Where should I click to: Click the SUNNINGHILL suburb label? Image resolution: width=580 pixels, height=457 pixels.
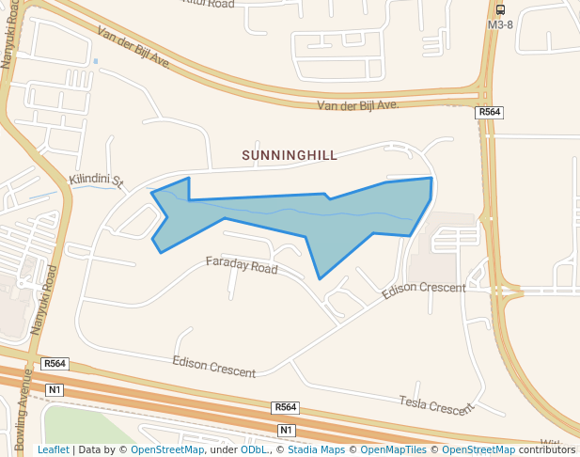tap(290, 155)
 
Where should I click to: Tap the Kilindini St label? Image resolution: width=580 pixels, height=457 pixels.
tap(97, 179)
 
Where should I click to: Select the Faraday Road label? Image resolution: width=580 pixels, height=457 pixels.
tap(242, 265)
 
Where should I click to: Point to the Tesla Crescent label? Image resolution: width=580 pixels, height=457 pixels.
tap(437, 406)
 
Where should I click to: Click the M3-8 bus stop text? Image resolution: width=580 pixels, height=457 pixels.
tap(500, 24)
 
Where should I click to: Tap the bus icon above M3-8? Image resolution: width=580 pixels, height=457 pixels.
tap(500, 8)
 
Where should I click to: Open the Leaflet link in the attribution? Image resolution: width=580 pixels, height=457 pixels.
tap(53, 449)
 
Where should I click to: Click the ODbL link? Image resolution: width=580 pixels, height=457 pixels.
tap(254, 449)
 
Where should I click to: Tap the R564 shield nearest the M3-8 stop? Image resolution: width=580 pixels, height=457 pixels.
tap(489, 113)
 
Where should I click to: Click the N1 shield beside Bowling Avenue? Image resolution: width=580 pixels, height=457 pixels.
tap(54, 389)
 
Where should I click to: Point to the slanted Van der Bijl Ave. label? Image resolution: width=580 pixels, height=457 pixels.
tap(133, 47)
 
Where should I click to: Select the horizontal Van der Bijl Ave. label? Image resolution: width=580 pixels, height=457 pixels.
tap(358, 105)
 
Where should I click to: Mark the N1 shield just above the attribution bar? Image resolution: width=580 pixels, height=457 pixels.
tap(287, 430)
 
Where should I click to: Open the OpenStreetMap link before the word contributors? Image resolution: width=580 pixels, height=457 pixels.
tap(478, 449)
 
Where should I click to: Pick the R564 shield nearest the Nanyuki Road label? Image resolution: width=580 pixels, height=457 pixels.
tap(55, 364)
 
